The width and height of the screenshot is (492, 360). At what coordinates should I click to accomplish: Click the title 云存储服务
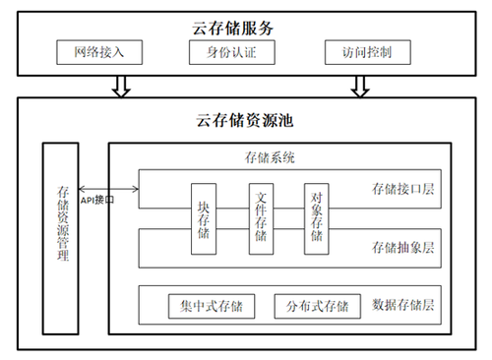(232, 29)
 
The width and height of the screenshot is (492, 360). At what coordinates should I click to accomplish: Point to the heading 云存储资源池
(244, 120)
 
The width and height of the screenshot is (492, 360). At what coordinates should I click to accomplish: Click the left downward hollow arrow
(121, 87)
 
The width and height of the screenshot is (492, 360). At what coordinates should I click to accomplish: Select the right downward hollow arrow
(360, 87)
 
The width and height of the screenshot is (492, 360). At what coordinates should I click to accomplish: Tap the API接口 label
(97, 200)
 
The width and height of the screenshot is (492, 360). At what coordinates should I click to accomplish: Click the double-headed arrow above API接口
(108, 189)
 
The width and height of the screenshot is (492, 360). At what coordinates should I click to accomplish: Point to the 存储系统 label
(270, 157)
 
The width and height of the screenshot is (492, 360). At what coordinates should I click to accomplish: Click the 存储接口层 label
(402, 189)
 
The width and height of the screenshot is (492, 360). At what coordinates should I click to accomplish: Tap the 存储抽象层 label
(402, 248)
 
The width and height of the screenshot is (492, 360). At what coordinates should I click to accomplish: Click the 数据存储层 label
(402, 305)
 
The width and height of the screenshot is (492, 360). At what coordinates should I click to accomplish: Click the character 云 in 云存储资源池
(204, 120)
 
